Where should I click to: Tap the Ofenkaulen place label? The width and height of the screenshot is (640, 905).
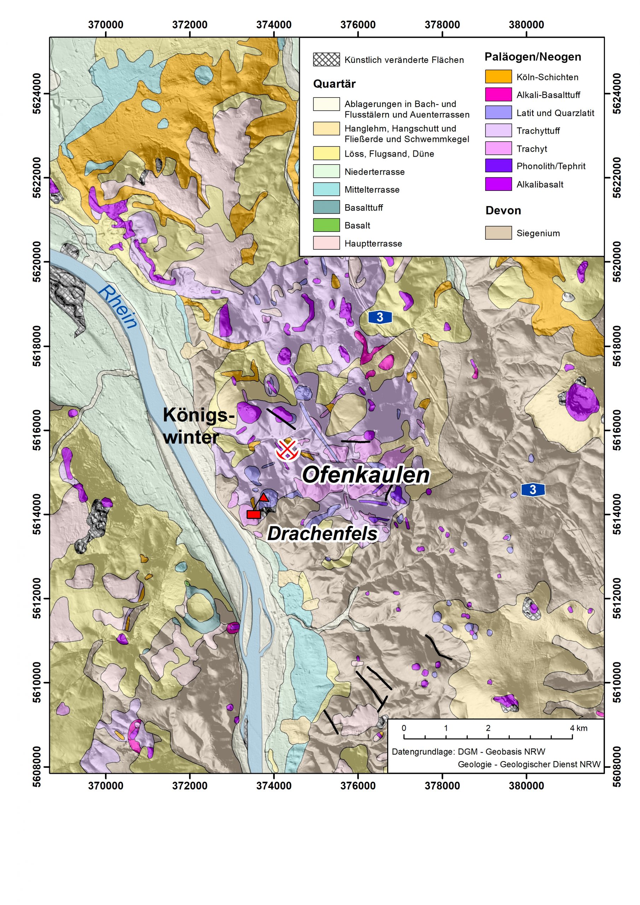[x=366, y=475]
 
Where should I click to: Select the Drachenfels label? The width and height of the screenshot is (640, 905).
[x=322, y=534]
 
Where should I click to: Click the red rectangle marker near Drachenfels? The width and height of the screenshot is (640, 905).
[x=253, y=514]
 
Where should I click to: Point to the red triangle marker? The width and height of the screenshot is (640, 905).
[x=264, y=497]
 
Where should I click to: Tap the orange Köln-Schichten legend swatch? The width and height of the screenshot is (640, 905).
[x=498, y=77]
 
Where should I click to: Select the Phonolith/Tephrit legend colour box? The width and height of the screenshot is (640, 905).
[x=498, y=166]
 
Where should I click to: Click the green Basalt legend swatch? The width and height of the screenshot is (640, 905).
[x=326, y=225]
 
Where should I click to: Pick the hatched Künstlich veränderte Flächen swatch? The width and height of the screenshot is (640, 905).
[x=326, y=59]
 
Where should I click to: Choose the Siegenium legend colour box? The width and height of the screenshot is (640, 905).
[x=498, y=233]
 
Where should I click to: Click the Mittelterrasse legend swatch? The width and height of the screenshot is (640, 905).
[x=326, y=189]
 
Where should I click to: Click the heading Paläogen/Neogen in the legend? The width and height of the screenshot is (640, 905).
[x=533, y=57]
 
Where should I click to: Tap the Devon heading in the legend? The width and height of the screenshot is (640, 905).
[x=503, y=210]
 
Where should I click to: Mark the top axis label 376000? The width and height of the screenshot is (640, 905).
[x=358, y=25]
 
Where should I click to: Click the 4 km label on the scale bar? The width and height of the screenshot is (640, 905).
[x=578, y=728]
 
